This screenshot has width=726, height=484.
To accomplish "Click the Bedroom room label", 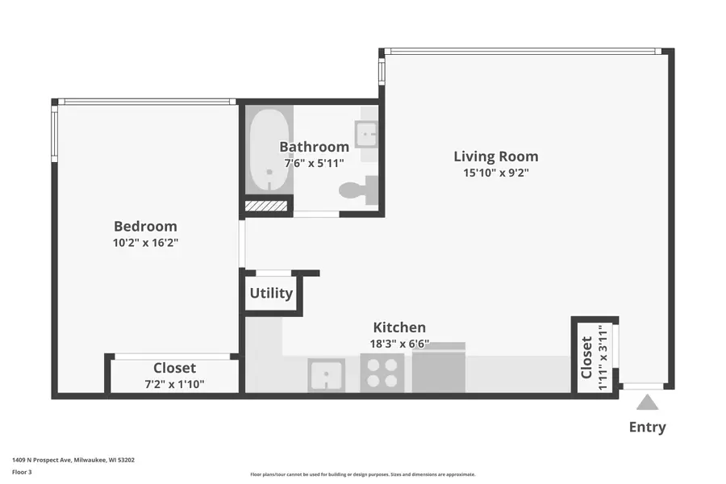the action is tap(145, 226).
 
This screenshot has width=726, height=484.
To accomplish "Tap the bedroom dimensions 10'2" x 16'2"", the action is tap(145, 243).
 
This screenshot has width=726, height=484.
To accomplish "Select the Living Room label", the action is tap(496, 156).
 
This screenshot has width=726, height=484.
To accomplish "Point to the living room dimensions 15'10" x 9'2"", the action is tap(496, 173).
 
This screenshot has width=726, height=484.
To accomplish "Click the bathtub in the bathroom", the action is tap(269, 150).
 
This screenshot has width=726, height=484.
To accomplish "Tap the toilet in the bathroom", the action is tap(359, 190).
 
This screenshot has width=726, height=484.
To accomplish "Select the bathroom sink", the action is tap(366, 135).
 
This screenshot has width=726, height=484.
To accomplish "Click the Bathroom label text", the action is tap(315, 147).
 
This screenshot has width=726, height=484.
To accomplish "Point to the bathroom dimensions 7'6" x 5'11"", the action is tap(315, 163).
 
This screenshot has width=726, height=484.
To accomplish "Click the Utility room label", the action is tap(271, 293).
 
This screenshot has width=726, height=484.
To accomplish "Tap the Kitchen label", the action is tap(399, 328).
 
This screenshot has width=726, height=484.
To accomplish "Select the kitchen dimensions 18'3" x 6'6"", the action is tap(399, 344).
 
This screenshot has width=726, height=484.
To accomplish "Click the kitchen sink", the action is tap(326, 374).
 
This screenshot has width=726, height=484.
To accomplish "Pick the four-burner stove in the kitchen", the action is tap(382, 373).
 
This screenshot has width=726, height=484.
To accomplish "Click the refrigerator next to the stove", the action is tap(439, 368).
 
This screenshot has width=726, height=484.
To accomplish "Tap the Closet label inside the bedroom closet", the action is tap(174, 368).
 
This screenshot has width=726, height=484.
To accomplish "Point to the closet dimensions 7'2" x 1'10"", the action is tap(174, 384).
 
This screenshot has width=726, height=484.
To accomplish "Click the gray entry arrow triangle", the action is tap(647, 403).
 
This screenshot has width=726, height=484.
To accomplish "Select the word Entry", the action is tap(647, 427).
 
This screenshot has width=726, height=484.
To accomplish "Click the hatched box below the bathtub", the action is tap(265, 206).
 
